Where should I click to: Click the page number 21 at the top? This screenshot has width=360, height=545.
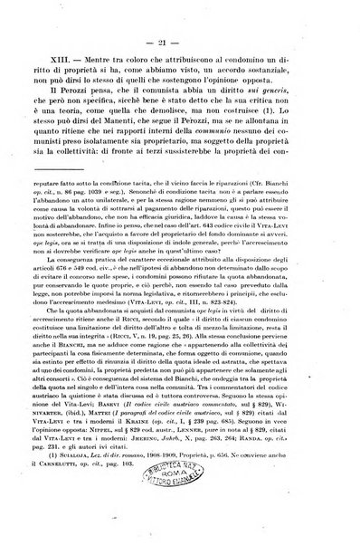coord(181,43)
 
